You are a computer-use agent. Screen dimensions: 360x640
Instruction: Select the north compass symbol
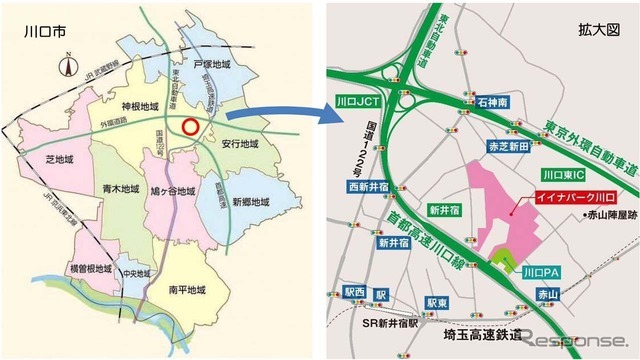(60, 69)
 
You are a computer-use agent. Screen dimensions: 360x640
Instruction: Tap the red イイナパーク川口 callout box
(555, 196)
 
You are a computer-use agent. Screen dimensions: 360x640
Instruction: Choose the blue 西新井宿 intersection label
(368, 186)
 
